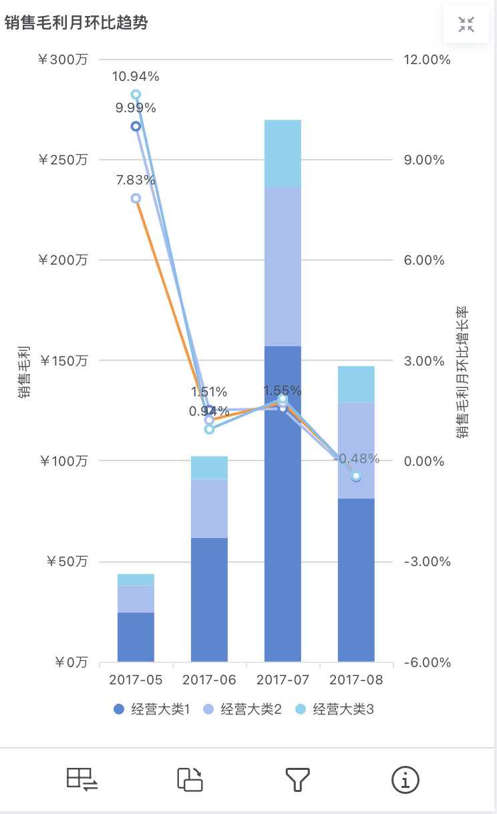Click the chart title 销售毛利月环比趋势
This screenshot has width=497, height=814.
click(76, 23)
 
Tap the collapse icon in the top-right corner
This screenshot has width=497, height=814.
click(466, 25)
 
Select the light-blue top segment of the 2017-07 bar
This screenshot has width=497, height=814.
click(283, 153)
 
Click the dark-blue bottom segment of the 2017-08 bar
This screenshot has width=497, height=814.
click(356, 579)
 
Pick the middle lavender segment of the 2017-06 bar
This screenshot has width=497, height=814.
click(209, 509)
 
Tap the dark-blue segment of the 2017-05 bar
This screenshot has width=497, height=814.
click(136, 637)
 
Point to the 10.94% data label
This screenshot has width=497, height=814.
click(136, 76)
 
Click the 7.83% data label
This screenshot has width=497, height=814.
click(136, 180)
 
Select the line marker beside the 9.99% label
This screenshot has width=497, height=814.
click(136, 126)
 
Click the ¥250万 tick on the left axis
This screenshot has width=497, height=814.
click(63, 160)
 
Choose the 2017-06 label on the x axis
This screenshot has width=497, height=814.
click(209, 680)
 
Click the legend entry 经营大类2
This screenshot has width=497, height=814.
click(243, 710)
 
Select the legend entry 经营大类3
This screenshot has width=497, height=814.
click(336, 710)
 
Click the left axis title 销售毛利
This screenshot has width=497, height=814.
click(24, 373)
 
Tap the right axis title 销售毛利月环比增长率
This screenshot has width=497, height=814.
click(462, 373)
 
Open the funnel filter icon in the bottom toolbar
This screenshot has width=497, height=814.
click(298, 779)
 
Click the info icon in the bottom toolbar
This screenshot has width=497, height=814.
click(405, 779)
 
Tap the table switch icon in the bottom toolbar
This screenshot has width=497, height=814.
click(82, 779)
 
